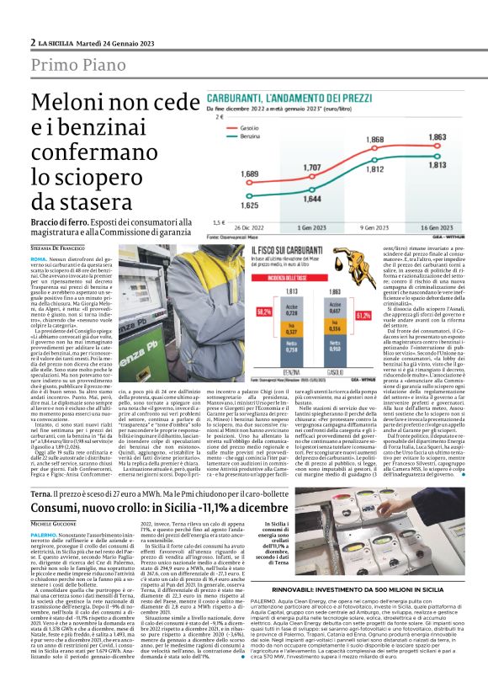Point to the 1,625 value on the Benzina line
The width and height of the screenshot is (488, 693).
(x=250, y=204)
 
